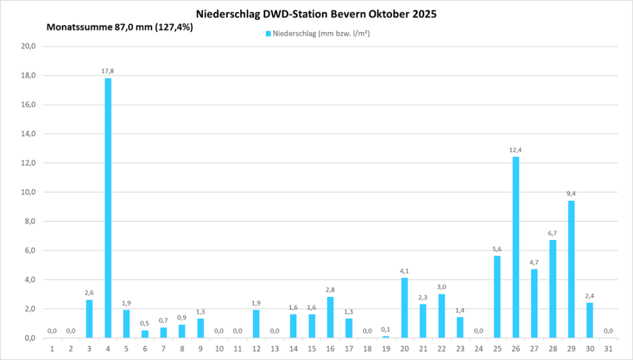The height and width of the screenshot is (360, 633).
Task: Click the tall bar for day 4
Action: pos(108,208)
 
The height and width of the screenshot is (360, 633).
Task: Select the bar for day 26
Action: pos(516,247)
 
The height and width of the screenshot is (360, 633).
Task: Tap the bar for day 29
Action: pos(571,269)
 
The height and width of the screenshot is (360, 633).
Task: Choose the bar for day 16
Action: pos(330,317)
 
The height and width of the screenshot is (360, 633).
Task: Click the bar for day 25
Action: pos(497,297)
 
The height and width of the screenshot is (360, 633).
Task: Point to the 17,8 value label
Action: pos(108,71)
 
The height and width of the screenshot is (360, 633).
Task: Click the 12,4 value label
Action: pos(516,150)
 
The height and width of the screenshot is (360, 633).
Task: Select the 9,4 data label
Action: pos(571,194)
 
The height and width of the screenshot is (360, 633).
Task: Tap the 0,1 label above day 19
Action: pos(386,329)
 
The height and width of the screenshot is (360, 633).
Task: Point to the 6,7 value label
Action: pos(553,233)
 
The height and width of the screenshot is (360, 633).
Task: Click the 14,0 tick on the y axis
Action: pos(29,134)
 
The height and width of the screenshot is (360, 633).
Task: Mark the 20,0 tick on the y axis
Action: pos(29,46)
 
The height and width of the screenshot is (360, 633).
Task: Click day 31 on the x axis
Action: pos(608,349)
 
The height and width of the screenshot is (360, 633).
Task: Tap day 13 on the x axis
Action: pos(274,349)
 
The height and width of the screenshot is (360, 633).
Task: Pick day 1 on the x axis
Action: pos(52,349)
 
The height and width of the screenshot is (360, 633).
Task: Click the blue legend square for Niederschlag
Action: pos(268,33)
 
